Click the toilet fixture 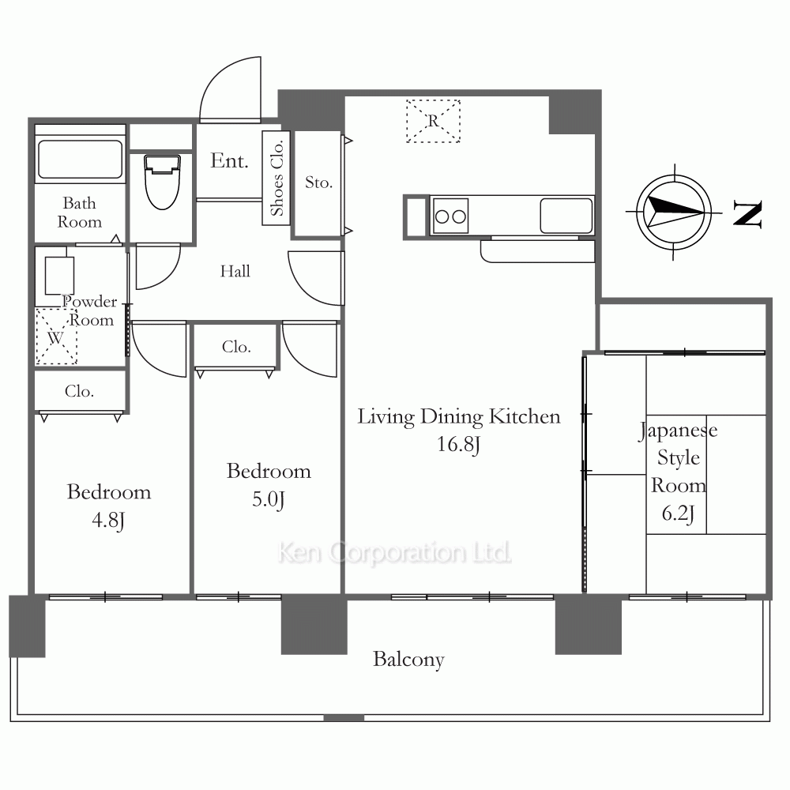(x=162, y=182)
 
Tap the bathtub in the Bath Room (x=80, y=159)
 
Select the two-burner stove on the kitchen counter (x=451, y=216)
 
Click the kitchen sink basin (x=566, y=216)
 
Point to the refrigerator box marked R (x=433, y=121)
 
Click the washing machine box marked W (x=56, y=336)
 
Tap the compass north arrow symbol (x=674, y=212)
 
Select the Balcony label (x=408, y=660)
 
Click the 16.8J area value (x=458, y=444)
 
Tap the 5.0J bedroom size (x=269, y=499)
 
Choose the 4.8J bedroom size (x=108, y=520)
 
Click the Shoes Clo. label (x=276, y=178)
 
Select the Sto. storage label (x=319, y=182)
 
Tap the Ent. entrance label (x=229, y=160)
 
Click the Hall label (x=235, y=271)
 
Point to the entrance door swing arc (x=222, y=76)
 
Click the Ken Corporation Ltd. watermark (x=394, y=552)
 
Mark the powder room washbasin (x=59, y=275)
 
